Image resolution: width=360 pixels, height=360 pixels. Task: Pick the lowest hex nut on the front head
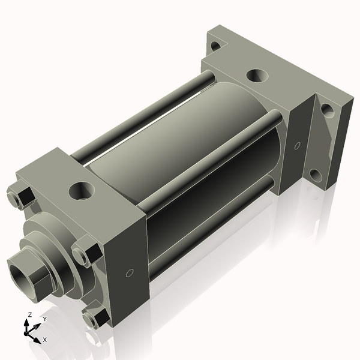tap(94, 317)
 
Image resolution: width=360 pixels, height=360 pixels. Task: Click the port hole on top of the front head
tap(80, 191)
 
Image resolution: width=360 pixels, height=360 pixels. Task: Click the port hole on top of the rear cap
tap(257, 76)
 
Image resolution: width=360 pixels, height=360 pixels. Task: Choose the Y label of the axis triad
tap(44, 319)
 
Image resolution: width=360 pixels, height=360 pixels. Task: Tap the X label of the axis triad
tap(44, 340)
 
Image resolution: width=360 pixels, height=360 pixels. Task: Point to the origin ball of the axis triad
tap(27, 331)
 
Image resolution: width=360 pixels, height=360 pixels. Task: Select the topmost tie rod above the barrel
tap(150, 111)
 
